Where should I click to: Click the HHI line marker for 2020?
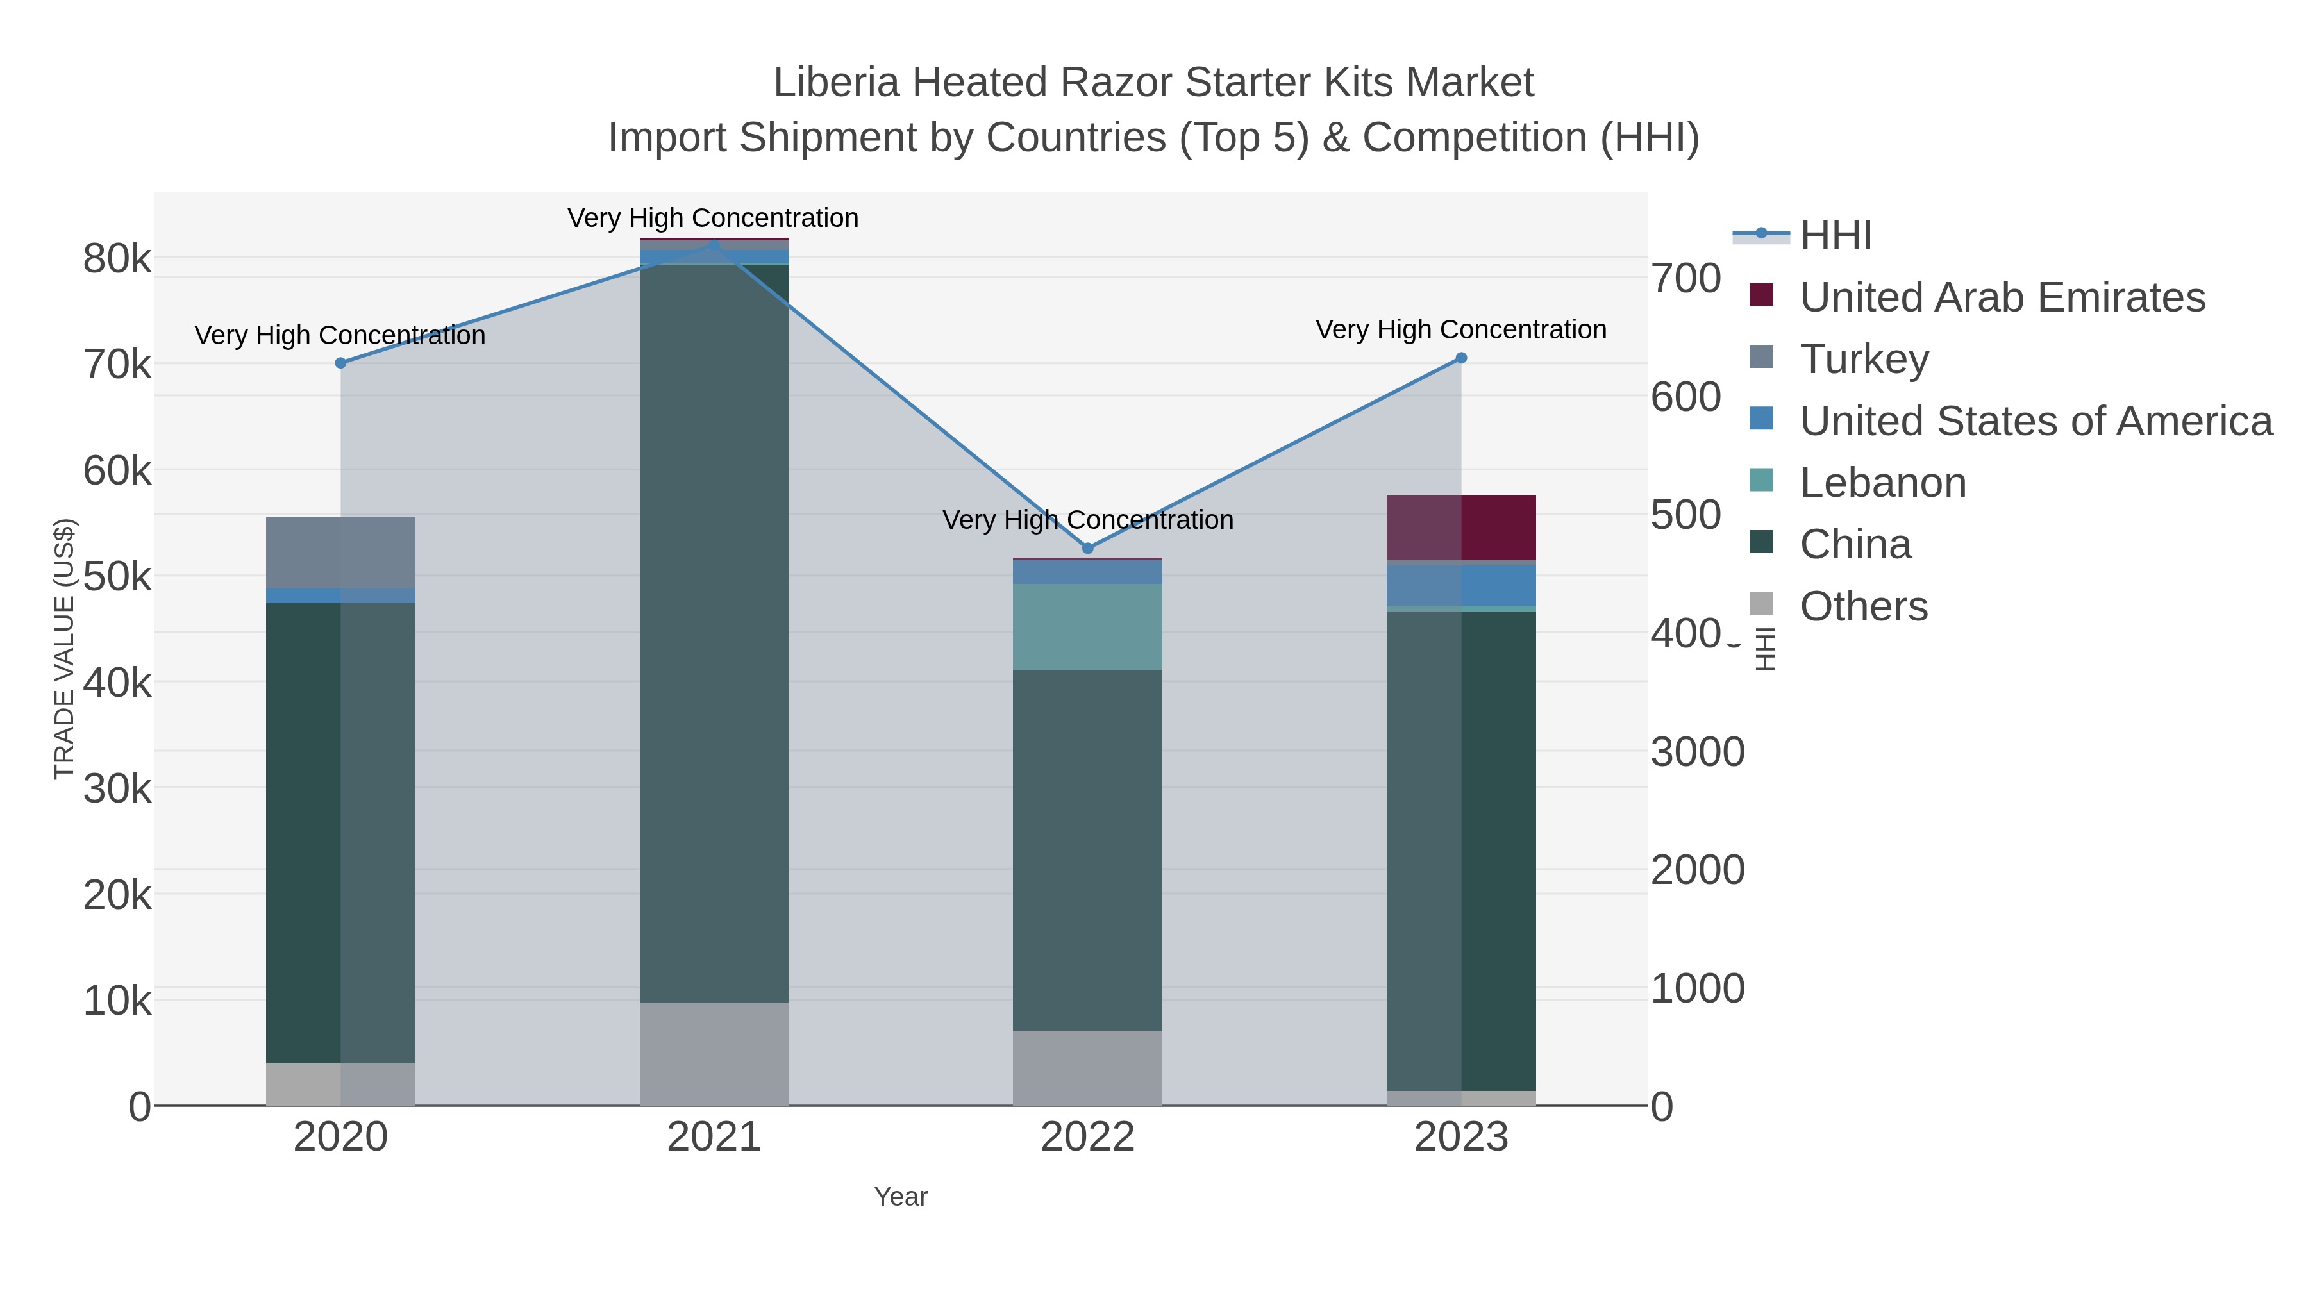(340, 363)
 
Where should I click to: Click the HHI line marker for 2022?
(1088, 548)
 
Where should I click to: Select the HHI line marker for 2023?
(1461, 358)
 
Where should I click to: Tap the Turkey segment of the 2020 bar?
(340, 553)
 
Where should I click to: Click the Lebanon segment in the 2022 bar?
(1088, 627)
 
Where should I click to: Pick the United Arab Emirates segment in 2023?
(1461, 528)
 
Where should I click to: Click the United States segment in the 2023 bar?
(1461, 585)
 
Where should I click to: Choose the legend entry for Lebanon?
(1882, 483)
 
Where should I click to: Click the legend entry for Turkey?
(1864, 359)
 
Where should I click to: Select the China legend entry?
(1855, 545)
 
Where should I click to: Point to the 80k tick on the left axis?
(117, 260)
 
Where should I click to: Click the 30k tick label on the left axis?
(117, 789)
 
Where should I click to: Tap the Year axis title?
(901, 1197)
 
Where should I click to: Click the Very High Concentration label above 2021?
(713, 219)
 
